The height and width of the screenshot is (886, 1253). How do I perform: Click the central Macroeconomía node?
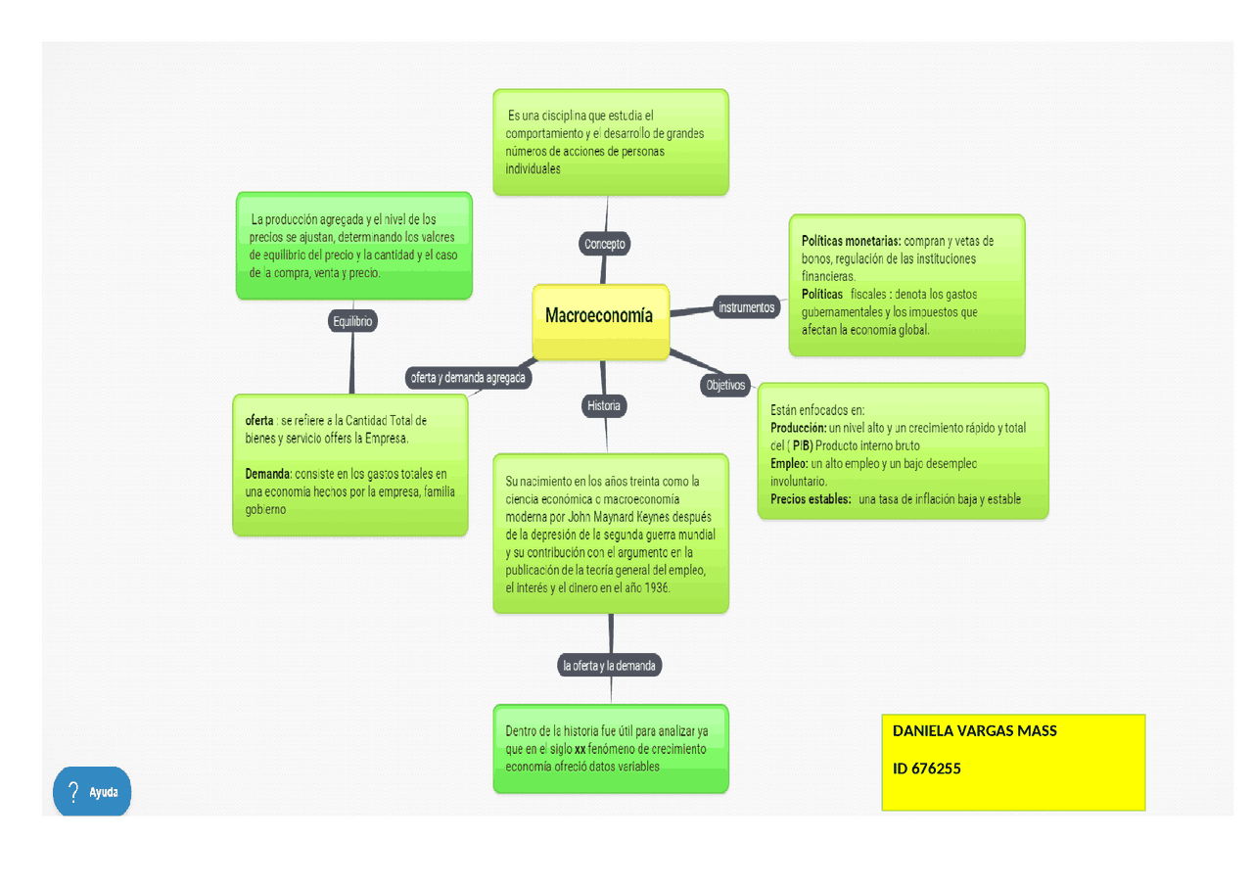click(x=599, y=316)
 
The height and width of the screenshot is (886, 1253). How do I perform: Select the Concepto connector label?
click(x=605, y=244)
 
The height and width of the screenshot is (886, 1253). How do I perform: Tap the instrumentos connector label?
click(x=746, y=307)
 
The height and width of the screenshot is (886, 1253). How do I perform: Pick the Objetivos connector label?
click(x=725, y=386)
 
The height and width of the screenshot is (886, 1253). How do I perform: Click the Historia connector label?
click(x=603, y=405)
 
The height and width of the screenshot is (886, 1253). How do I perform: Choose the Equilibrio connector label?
click(x=352, y=321)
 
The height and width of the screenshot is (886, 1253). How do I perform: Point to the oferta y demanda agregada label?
click(x=468, y=378)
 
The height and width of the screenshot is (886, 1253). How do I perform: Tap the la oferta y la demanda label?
click(x=610, y=666)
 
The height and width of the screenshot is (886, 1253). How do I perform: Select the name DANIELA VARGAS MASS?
click(x=974, y=730)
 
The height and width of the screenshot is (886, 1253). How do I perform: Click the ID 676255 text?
click(x=926, y=769)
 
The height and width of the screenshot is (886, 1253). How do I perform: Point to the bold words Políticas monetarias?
click(x=851, y=241)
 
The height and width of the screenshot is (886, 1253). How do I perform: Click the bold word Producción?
click(x=799, y=428)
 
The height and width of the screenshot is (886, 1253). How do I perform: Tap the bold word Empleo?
click(x=789, y=463)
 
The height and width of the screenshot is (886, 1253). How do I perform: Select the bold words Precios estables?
click(x=811, y=499)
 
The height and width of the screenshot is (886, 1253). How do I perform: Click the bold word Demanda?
click(x=268, y=474)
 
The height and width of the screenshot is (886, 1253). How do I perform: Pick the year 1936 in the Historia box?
click(x=656, y=588)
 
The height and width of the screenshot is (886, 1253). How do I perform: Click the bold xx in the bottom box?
click(x=580, y=749)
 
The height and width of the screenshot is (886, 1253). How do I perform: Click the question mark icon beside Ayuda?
click(x=72, y=791)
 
